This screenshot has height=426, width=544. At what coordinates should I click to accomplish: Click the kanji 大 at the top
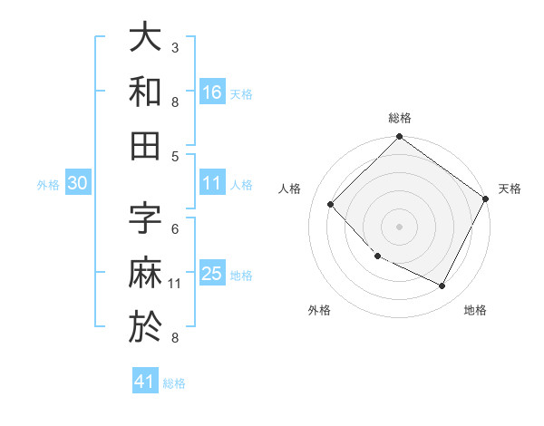coord(145,39)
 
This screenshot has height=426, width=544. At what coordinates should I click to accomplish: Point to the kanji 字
coord(145,218)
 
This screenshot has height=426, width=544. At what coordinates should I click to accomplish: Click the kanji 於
coord(145,325)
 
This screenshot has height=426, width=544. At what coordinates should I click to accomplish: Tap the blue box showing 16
coord(212,92)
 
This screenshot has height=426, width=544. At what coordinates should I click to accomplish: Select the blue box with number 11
coord(212,183)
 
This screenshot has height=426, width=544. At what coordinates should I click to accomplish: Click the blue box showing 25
coord(212,274)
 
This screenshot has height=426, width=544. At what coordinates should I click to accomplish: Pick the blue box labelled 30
coord(78,183)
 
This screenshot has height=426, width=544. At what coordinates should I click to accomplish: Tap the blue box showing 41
coord(145,382)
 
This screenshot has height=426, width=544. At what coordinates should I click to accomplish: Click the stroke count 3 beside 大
coord(175,47)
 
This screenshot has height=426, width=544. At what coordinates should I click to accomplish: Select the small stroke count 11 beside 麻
coord(175,284)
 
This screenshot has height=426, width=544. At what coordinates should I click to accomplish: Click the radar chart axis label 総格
coord(400,118)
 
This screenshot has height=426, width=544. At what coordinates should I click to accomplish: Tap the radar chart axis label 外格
coord(319,310)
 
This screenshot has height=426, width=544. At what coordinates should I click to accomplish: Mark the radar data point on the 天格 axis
coord(486,198)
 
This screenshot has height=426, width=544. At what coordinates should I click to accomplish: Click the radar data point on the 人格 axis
coord(331,205)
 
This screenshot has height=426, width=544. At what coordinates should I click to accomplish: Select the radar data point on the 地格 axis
coord(442,286)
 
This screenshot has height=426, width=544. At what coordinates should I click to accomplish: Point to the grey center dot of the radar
coord(399,226)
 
